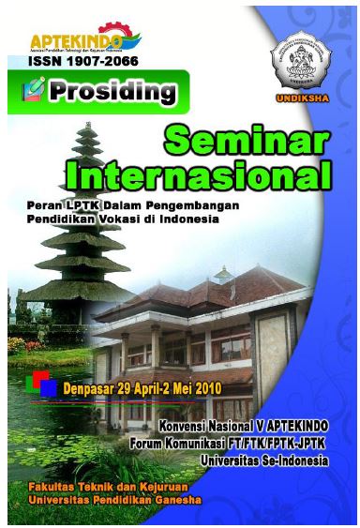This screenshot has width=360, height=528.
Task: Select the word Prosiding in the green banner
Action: (113, 92)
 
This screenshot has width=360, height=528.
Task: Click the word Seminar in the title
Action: (247, 141)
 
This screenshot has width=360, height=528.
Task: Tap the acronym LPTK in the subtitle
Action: (78, 204)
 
